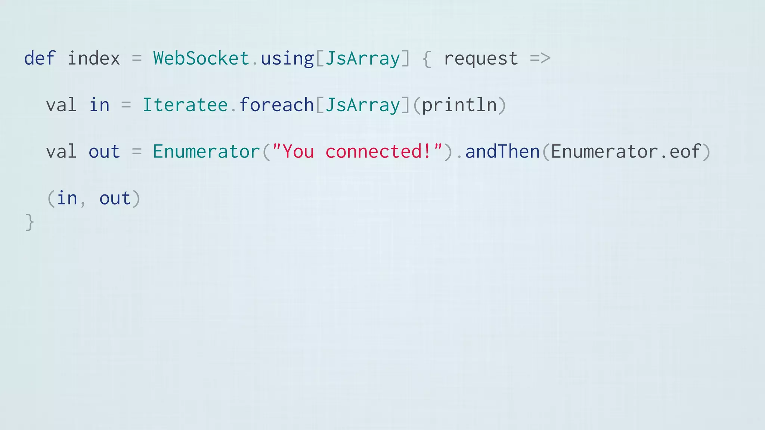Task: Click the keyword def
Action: pos(40,58)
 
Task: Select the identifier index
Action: pos(94,58)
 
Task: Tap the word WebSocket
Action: pos(201,58)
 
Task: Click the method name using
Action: pos(287,59)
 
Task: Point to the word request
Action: pos(481,59)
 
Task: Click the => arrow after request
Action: pos(540,58)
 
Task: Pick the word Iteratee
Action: pos(185,105)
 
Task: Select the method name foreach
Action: pos(276,105)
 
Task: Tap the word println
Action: pos(459,105)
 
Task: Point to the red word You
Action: pos(298,152)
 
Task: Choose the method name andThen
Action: pos(503,152)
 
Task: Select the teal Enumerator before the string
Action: pos(206,152)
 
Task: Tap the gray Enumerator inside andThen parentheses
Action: pos(604,152)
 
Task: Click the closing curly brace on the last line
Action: pos(30,222)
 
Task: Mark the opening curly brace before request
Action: pos(427,59)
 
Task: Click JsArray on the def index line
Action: pos(363,59)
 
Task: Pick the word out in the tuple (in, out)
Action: pos(115,198)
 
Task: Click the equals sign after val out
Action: pos(137,152)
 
